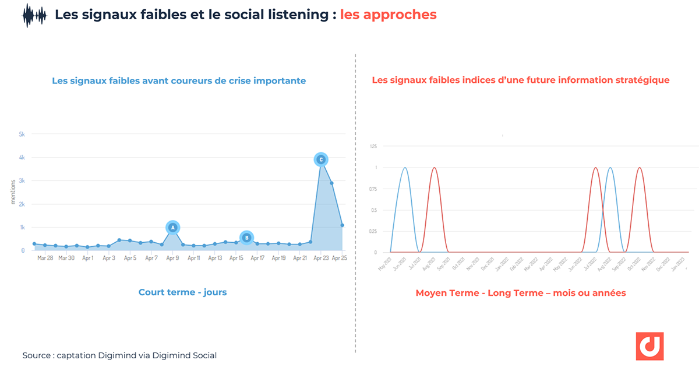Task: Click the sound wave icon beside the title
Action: (x=34, y=15)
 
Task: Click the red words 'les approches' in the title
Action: (x=388, y=15)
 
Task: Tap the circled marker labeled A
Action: (x=172, y=228)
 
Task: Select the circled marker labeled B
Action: (x=246, y=238)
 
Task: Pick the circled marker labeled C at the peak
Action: (x=320, y=159)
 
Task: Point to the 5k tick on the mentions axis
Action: (x=22, y=134)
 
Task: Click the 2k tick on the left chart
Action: (x=22, y=204)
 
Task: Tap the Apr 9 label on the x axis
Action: (x=172, y=257)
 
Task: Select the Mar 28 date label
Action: (x=45, y=257)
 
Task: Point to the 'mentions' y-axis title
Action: (x=13, y=192)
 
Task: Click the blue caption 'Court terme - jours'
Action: (x=182, y=292)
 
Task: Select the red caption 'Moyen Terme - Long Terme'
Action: (x=520, y=293)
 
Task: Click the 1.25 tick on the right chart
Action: (x=372, y=146)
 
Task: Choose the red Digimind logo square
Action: (x=649, y=347)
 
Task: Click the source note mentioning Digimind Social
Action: (x=119, y=355)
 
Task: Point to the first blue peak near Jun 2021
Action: (x=405, y=168)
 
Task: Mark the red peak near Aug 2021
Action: (x=434, y=168)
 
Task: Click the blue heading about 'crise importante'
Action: (x=179, y=81)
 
